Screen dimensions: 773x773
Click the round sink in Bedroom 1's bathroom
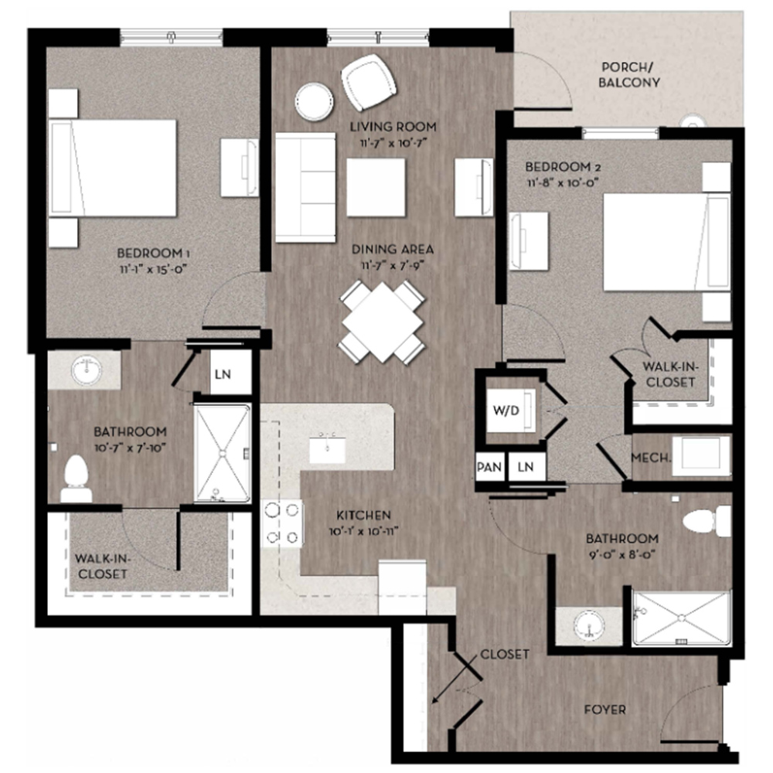pyautogui.click(x=86, y=371)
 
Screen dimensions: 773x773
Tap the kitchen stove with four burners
pyautogui.click(x=281, y=523)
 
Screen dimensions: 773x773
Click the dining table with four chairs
pyautogui.click(x=382, y=321)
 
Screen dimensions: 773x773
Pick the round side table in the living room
pyautogui.click(x=315, y=100)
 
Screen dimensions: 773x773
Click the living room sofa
pyautogui.click(x=305, y=188)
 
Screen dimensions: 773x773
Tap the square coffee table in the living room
pyautogui.click(x=376, y=186)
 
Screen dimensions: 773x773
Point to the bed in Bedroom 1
pyautogui.click(x=114, y=168)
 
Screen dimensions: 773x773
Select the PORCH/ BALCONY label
pyautogui.click(x=629, y=74)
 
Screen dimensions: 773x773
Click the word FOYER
pyautogui.click(x=604, y=709)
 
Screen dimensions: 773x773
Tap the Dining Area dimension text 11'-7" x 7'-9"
pyautogui.click(x=392, y=265)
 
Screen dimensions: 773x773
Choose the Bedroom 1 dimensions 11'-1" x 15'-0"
pyautogui.click(x=153, y=268)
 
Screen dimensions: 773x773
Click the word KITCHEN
pyautogui.click(x=363, y=515)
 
